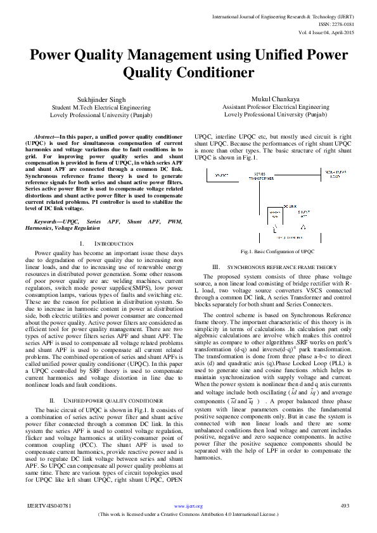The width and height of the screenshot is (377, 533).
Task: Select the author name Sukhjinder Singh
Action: tap(96, 99)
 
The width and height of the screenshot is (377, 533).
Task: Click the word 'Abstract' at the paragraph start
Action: tap(44, 136)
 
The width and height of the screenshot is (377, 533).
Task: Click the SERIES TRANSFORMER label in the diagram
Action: tap(260, 178)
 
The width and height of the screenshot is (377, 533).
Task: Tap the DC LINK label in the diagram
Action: tap(291, 206)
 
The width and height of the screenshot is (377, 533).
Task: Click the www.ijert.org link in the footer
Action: tap(188, 506)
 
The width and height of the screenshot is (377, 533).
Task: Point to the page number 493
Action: tap(345, 506)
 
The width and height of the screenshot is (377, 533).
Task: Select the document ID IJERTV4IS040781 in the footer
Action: tap(49, 506)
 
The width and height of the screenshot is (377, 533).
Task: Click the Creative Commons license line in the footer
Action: tap(188, 514)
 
